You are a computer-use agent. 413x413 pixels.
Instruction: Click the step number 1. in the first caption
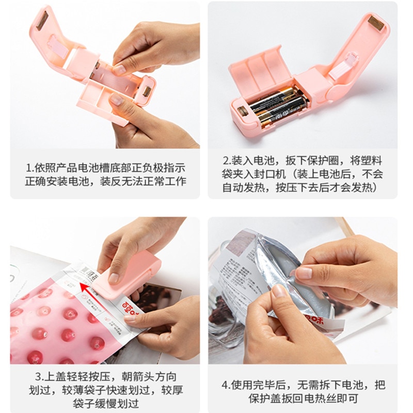[x=29, y=168]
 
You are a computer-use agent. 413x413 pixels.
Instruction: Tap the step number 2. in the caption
[x=226, y=161]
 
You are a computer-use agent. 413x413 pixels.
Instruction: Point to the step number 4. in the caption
[x=225, y=385]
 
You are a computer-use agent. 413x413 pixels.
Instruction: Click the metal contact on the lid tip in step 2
[x=375, y=22]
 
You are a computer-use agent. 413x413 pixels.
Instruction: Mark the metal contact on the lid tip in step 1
[x=41, y=19]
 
